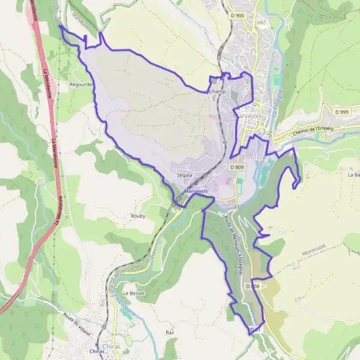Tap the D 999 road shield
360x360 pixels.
click(x=342, y=112)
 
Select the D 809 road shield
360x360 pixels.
click(x=236, y=167)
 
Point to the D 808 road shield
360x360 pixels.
click(x=252, y=286)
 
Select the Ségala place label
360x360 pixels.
click(x=184, y=175)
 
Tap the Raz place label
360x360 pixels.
click(x=169, y=331)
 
